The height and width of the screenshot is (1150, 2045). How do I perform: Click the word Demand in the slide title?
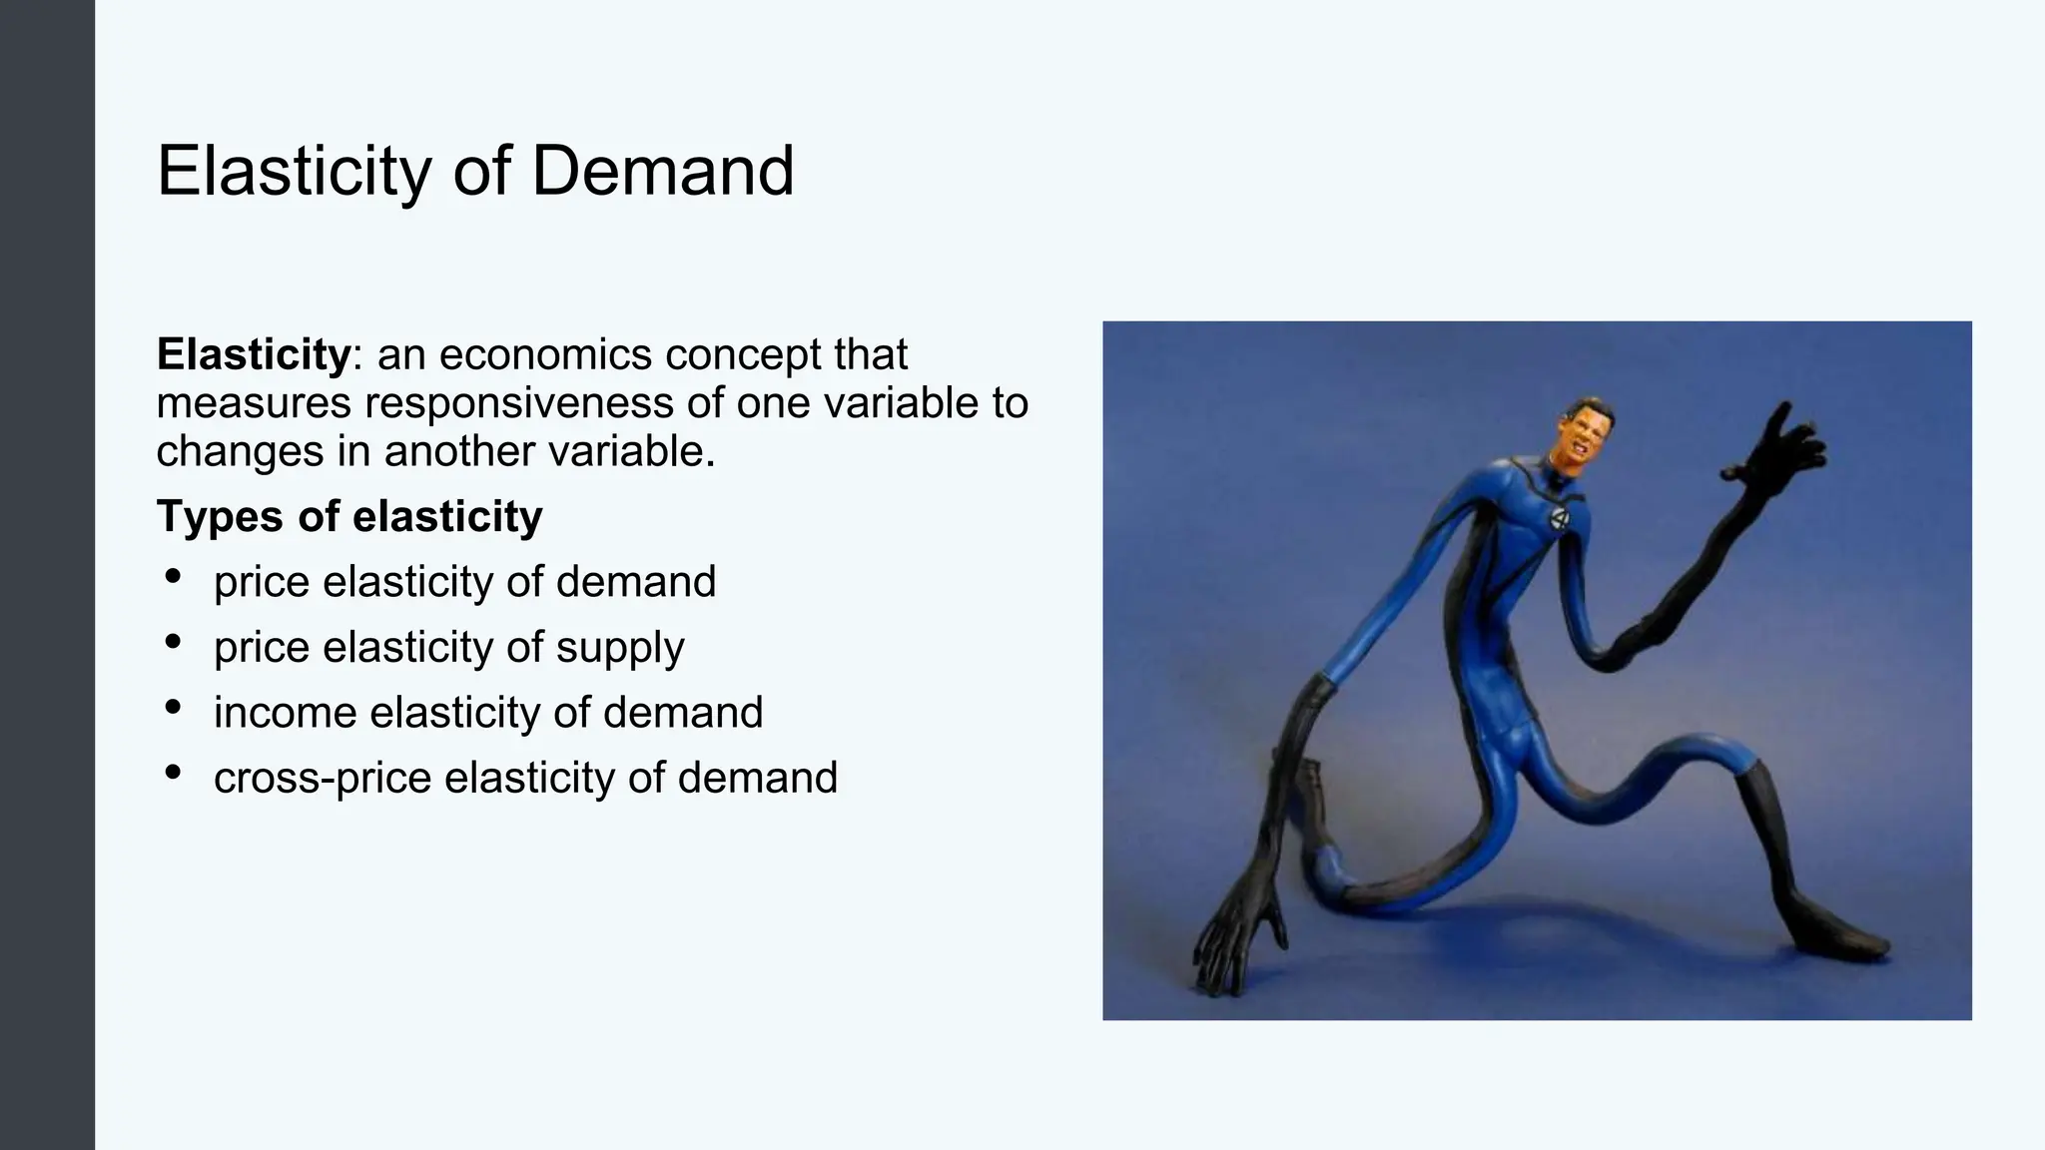coord(662,172)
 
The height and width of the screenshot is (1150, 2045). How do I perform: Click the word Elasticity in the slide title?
coord(294,172)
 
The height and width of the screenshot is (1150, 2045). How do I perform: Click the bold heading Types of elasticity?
coord(349,517)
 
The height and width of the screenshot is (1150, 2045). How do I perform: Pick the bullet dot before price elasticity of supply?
coord(173,642)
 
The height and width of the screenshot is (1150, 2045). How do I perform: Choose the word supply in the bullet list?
coord(620,648)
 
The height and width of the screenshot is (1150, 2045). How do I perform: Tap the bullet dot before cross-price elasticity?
coord(173,773)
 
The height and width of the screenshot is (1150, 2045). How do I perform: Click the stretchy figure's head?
coord(1583,437)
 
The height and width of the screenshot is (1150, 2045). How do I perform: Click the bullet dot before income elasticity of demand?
coord(173,708)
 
